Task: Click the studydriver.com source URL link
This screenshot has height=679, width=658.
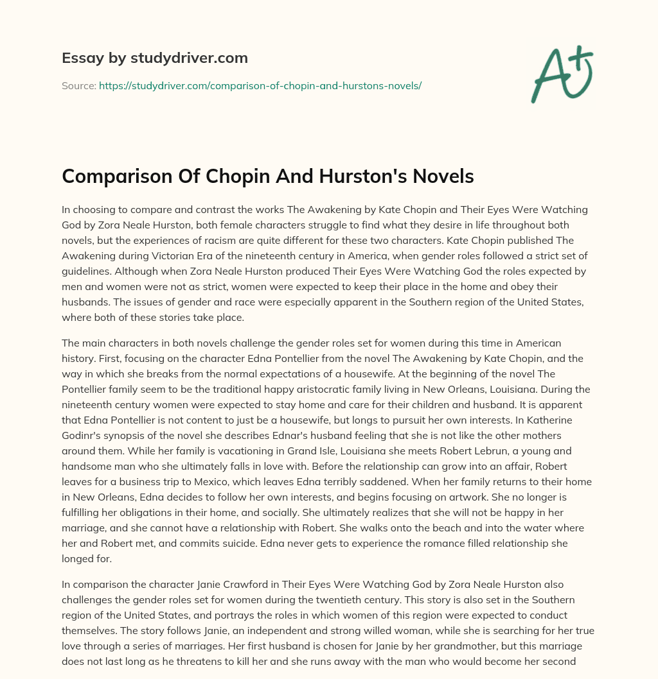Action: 260,85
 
